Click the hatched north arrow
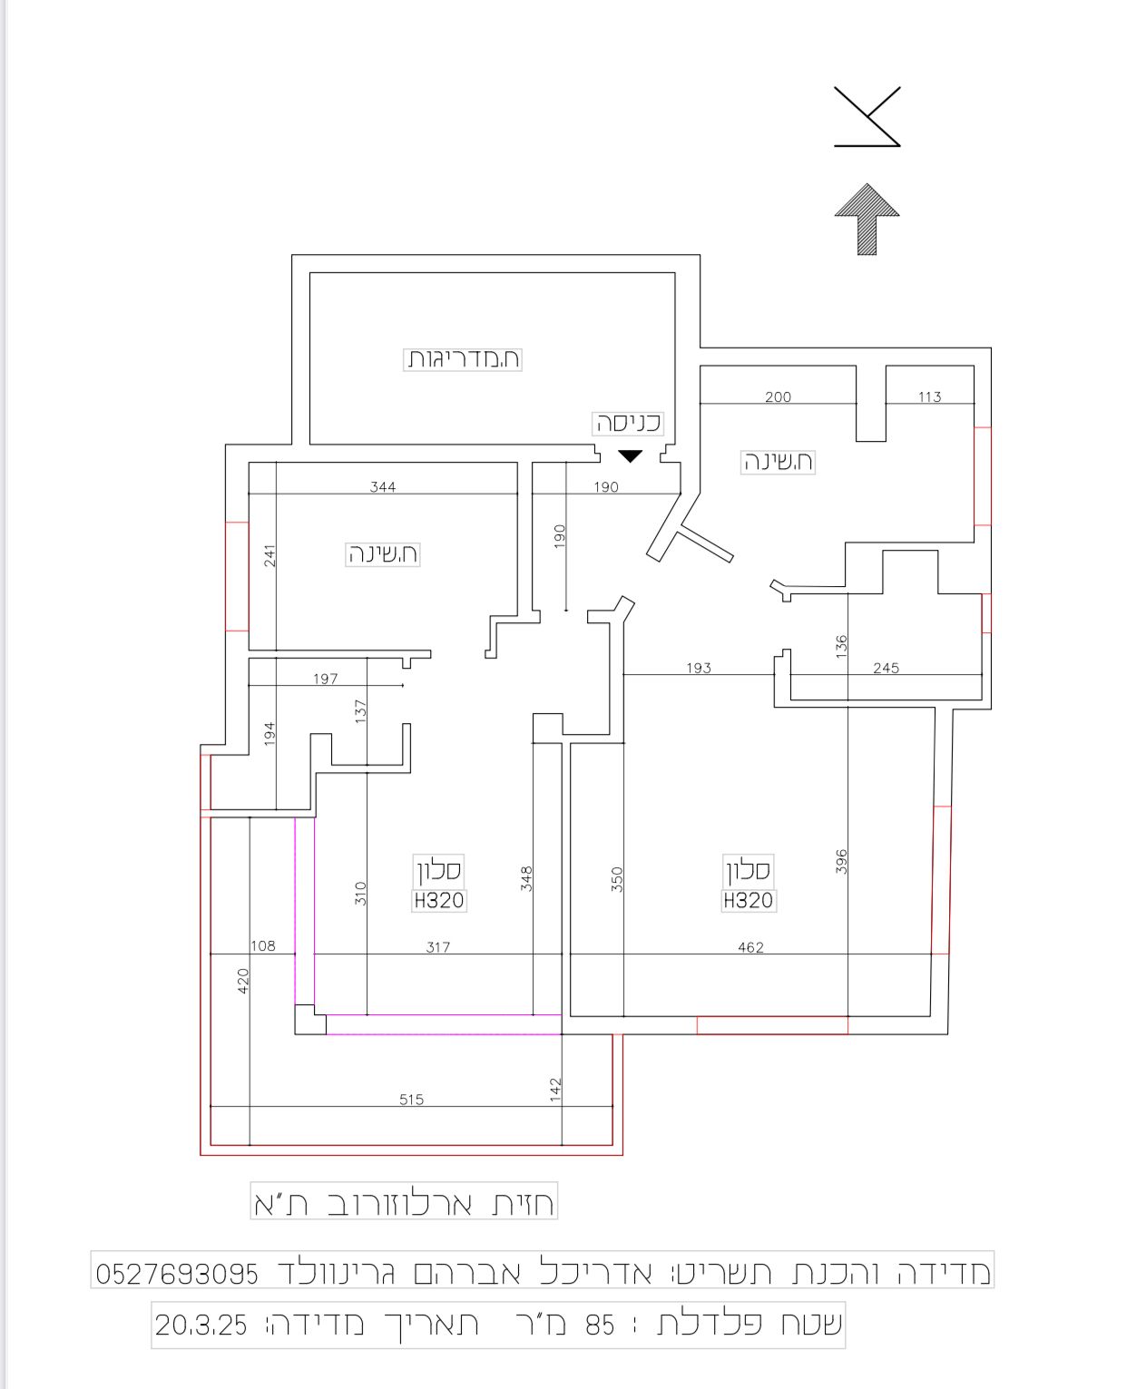(x=867, y=219)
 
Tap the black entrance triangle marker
(x=630, y=455)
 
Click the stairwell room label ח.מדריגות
(x=463, y=359)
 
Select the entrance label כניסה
(x=628, y=423)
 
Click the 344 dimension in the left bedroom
(x=383, y=487)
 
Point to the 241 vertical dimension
(x=269, y=555)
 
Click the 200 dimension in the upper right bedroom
(x=778, y=397)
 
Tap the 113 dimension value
(x=930, y=397)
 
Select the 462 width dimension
(x=750, y=947)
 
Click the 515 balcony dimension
(x=411, y=1100)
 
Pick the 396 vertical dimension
(x=841, y=862)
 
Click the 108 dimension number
(x=263, y=946)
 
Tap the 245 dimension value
(x=886, y=668)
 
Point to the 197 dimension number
(x=326, y=679)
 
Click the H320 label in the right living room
(x=748, y=901)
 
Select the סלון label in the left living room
(x=439, y=870)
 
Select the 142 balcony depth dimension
(x=555, y=1090)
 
